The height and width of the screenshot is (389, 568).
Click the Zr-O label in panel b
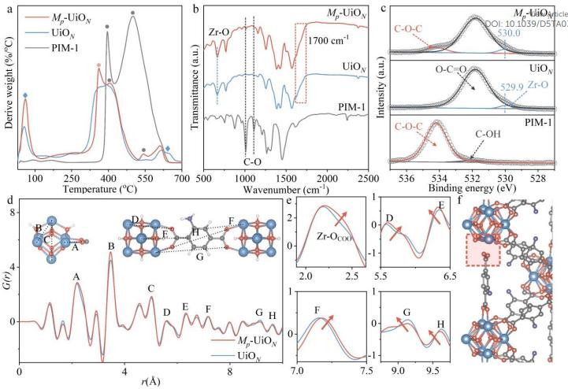point(219,33)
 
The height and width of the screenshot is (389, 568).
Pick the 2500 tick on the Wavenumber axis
point(366,179)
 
